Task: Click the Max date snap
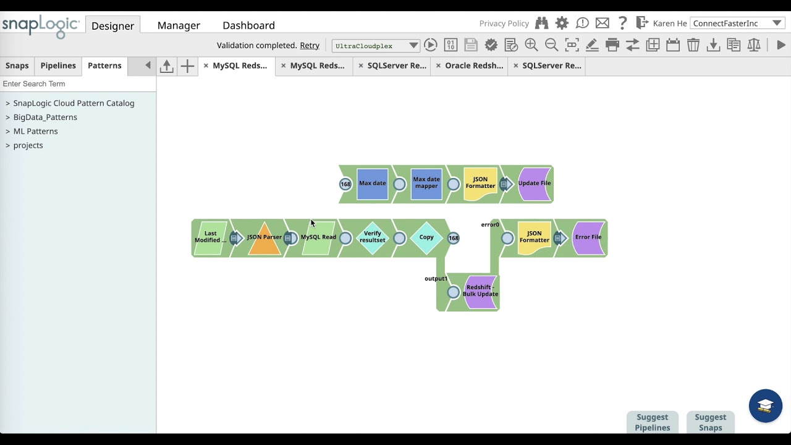pos(372,184)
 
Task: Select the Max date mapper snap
pos(426,184)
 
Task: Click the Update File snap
pos(535,184)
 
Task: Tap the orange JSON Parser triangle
pos(264,239)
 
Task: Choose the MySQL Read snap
pos(318,237)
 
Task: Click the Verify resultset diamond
pos(373,237)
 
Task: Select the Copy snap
pos(426,237)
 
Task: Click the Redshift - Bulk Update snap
pos(480,291)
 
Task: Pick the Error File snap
pos(588,237)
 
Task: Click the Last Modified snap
pos(211,237)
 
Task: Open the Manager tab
pos(179,25)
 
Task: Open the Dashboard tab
pos(248,25)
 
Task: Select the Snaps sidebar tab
pos(17,66)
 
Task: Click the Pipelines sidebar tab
pos(58,66)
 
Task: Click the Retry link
pos(310,45)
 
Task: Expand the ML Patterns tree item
pos(35,131)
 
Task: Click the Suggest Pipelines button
pos(652,422)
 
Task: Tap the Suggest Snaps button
pos(710,422)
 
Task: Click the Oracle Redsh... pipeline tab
pos(474,66)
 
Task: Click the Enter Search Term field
pos(77,83)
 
